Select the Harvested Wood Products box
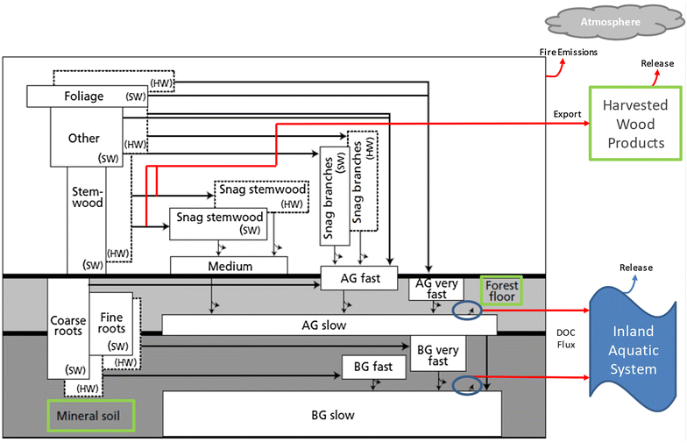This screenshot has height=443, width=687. [634, 124]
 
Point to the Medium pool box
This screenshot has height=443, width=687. [229, 266]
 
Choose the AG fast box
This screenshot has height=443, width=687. [359, 278]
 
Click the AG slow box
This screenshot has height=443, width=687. [329, 325]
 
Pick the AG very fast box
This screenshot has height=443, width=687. [436, 288]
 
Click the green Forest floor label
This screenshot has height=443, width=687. [501, 290]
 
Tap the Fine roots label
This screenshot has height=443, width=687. [111, 323]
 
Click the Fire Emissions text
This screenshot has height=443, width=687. [568, 53]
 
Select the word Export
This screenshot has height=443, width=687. [567, 114]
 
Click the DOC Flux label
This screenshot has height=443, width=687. [565, 339]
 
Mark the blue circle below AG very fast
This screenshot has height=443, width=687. [466, 311]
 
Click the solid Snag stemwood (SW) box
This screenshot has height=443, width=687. [218, 223]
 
